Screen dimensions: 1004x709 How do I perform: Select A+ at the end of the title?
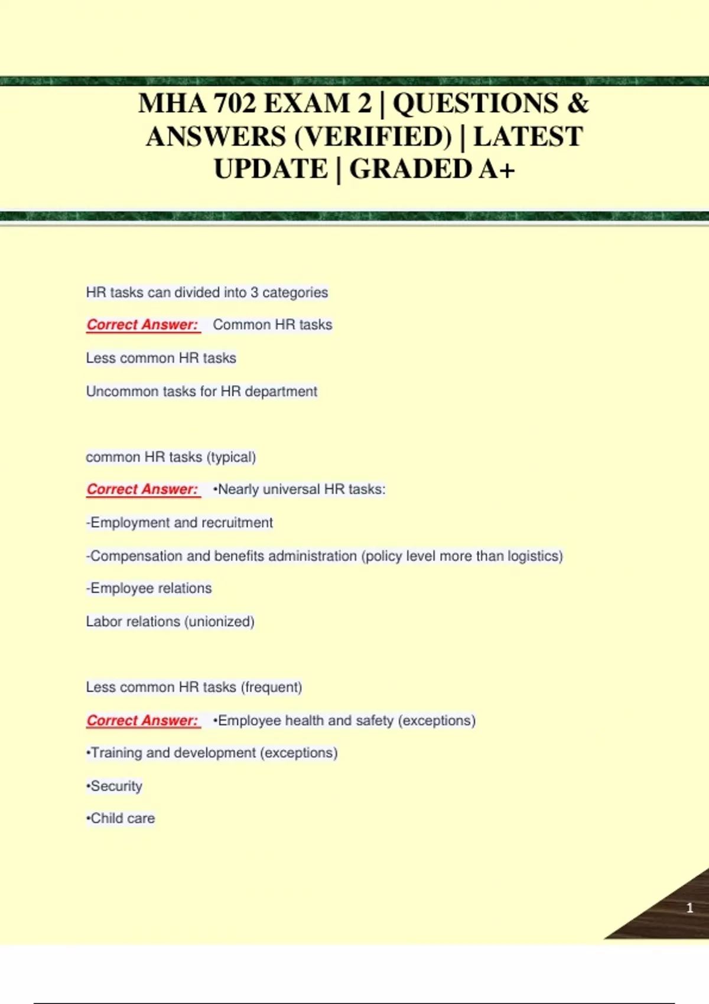click(496, 169)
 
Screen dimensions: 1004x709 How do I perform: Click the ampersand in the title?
click(578, 104)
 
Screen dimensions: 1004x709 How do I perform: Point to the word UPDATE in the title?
click(271, 169)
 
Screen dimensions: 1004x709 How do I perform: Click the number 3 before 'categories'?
click(254, 292)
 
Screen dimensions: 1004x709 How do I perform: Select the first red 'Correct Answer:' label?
click(142, 325)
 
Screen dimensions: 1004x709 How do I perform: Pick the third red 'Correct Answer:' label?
click(142, 721)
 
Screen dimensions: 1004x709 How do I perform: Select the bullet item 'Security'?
click(115, 786)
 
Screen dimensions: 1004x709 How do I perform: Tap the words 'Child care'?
click(121, 819)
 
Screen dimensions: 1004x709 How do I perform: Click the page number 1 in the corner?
click(690, 908)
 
